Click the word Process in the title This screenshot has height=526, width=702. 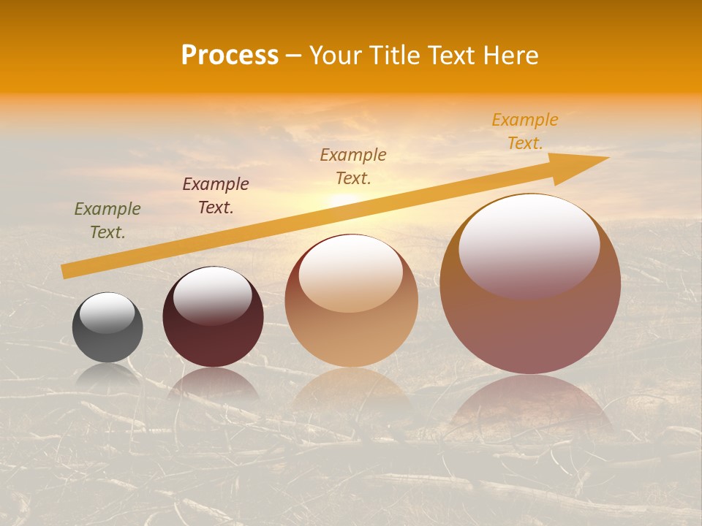coord(230,56)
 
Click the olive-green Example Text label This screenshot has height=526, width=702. coord(107,221)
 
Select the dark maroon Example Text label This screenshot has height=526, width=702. coord(216,196)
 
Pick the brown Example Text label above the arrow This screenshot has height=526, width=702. coord(353,166)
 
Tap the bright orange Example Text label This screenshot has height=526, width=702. coord(524,131)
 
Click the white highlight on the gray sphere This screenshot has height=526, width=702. coord(107,313)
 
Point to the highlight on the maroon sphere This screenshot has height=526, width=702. coord(213,294)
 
